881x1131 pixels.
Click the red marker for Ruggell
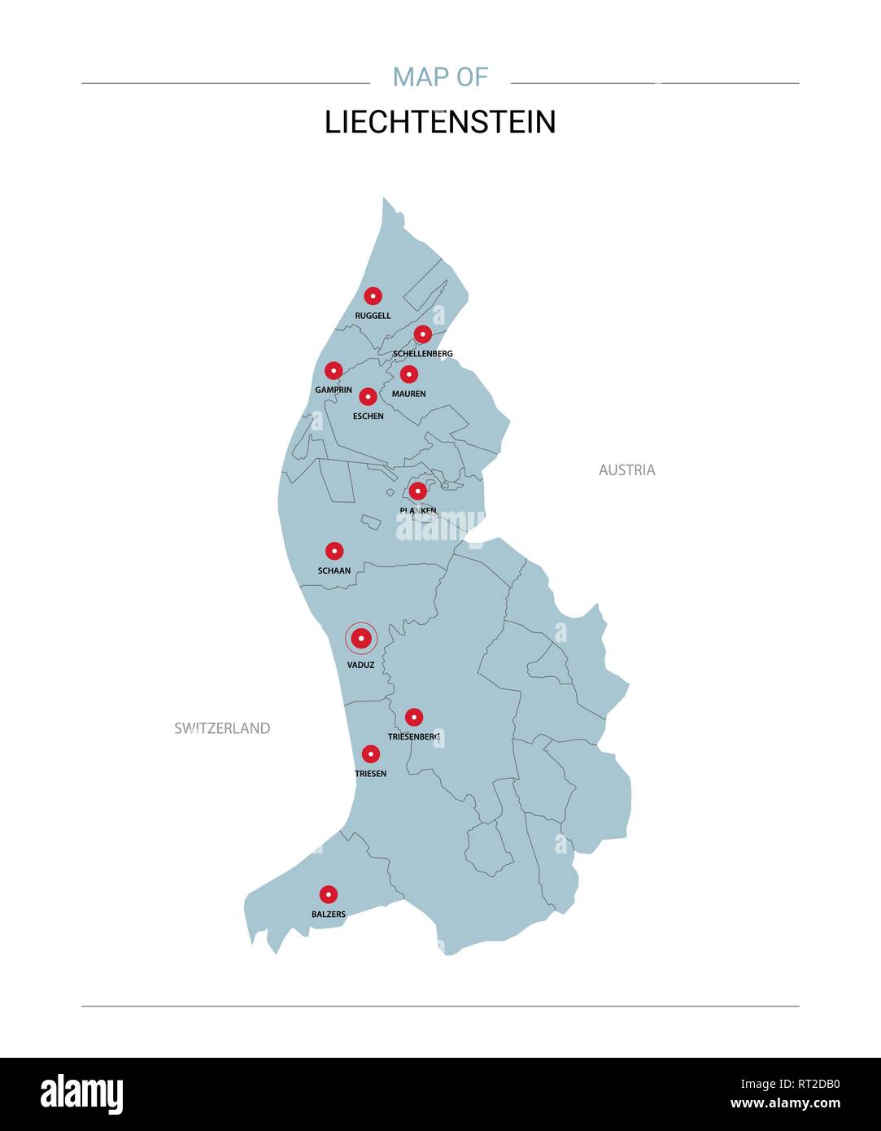tap(373, 296)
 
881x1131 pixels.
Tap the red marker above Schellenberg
tap(422, 334)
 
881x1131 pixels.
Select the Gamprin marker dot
tap(334, 371)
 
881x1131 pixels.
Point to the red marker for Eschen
tap(368, 397)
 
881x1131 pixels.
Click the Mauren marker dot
tap(408, 374)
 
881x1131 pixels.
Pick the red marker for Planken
tap(417, 491)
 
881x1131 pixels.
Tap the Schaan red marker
tap(334, 551)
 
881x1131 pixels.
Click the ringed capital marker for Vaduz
tap(360, 639)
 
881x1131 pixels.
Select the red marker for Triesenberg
tap(414, 717)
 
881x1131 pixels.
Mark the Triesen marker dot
tap(370, 754)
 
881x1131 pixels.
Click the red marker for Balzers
tap(328, 894)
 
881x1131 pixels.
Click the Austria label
tap(626, 469)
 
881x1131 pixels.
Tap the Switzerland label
tap(222, 728)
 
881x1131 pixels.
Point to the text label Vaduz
tap(360, 665)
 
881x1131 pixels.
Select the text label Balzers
tap(329, 914)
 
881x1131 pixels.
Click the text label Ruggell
tap(373, 316)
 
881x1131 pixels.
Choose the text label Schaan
tap(334, 570)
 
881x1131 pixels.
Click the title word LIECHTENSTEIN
tap(440, 122)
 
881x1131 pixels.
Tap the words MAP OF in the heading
tap(440, 76)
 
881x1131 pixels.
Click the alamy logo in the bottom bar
tap(82, 1094)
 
